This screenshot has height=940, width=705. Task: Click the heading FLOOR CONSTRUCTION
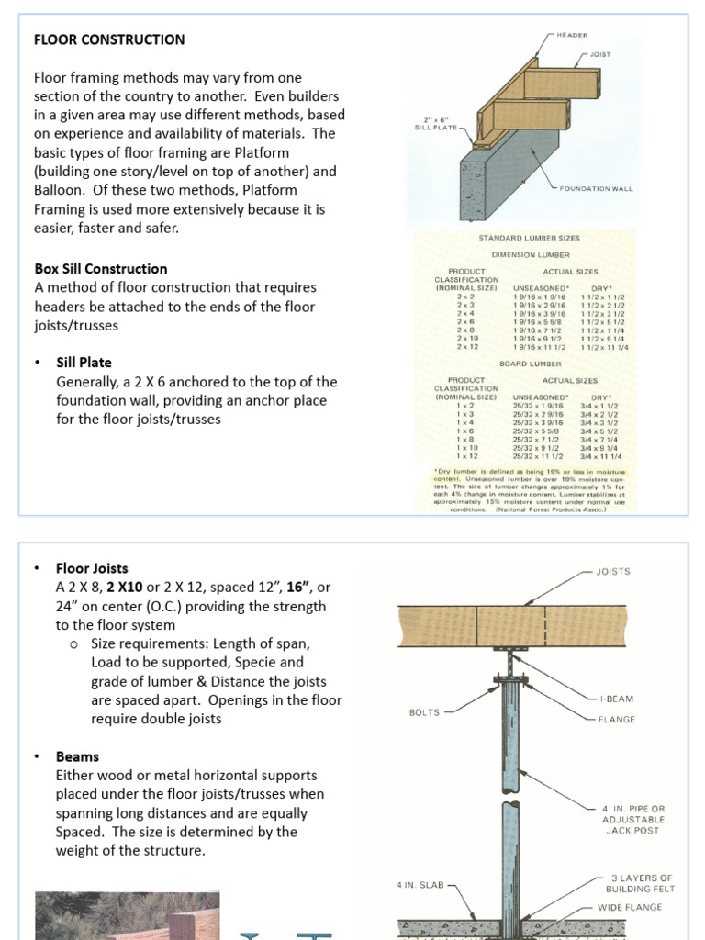click(109, 39)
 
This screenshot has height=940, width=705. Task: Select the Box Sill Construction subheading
click(101, 269)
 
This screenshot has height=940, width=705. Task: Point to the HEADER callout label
click(573, 35)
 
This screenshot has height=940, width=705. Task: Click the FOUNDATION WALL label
click(596, 188)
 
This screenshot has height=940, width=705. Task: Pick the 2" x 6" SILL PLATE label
click(434, 124)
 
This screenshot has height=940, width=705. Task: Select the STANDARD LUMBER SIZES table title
click(529, 238)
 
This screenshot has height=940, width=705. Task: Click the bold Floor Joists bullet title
click(92, 568)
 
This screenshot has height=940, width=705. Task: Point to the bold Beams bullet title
click(77, 757)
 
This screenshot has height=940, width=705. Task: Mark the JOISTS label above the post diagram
click(613, 571)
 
